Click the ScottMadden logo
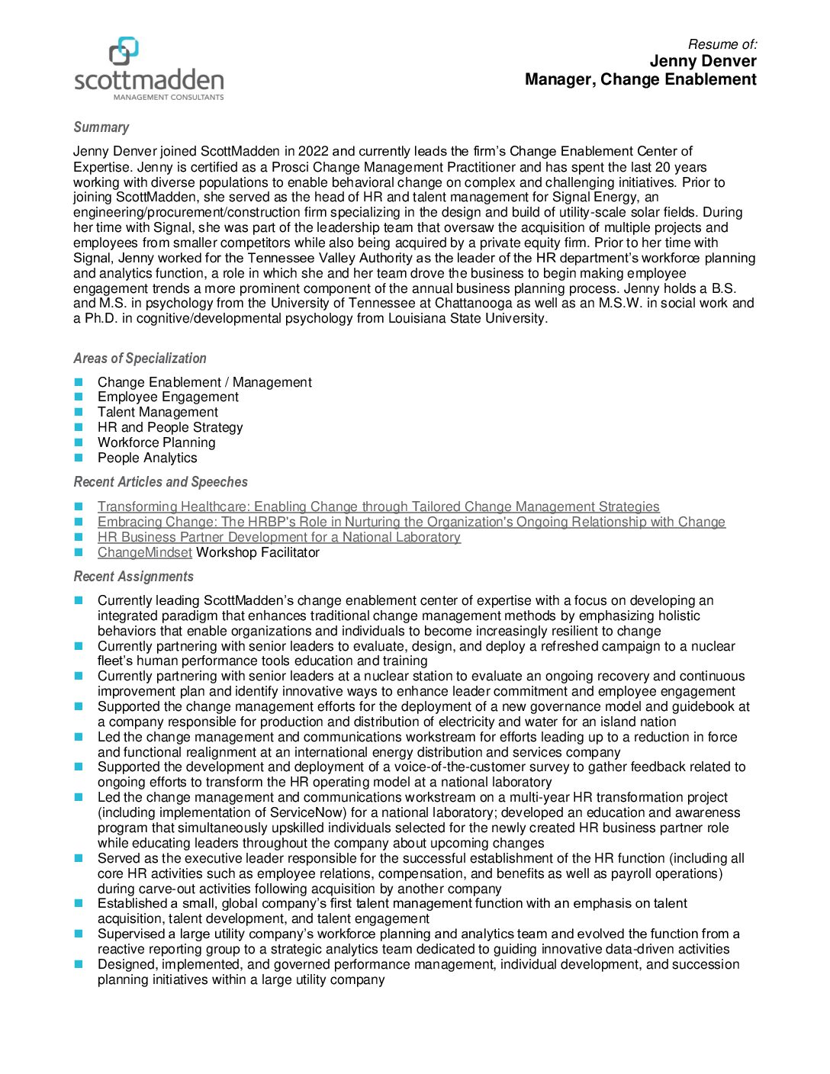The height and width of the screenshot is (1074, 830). pos(149,69)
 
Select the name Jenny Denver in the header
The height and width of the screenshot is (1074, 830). pos(703,61)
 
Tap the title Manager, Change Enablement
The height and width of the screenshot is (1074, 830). pos(640,79)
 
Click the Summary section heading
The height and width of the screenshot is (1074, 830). pos(101,127)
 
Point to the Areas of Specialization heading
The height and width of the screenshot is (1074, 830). pos(140,359)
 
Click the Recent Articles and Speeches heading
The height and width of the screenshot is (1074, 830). pos(160,482)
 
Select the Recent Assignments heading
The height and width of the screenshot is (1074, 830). pos(134,577)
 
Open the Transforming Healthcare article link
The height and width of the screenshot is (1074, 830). pos(378,506)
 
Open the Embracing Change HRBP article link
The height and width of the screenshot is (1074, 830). pos(411,522)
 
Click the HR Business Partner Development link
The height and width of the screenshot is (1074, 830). pos(279,537)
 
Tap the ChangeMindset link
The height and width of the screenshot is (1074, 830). pos(144,552)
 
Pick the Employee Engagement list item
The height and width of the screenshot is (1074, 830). pos(168,397)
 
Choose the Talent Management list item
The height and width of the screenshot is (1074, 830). pos(157,412)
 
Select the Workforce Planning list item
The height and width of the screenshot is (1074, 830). pos(156,442)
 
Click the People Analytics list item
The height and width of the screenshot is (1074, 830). pos(147,458)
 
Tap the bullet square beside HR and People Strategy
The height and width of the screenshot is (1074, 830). pos(78,427)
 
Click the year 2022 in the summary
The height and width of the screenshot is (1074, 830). pos(313,151)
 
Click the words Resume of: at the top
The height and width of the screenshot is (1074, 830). pos(722,44)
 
